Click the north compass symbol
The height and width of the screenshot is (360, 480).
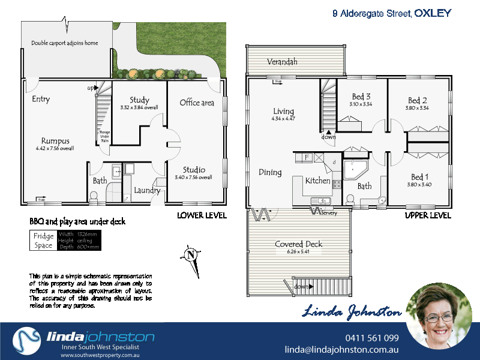point(190,255)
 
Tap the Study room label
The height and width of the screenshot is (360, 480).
point(139,100)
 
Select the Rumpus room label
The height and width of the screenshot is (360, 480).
point(55,141)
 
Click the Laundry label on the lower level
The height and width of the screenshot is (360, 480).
point(147,191)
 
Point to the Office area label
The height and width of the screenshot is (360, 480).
point(197,103)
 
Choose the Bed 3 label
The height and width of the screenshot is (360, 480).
point(361,97)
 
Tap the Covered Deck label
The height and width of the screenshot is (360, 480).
point(299,244)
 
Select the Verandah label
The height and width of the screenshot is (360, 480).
point(282,62)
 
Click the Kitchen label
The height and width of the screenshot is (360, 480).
point(317,181)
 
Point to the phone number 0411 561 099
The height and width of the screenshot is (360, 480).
point(372,338)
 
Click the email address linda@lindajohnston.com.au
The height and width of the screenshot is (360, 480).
point(341,350)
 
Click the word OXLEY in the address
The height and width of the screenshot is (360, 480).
point(433,13)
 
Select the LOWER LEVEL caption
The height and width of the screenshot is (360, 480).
point(202,215)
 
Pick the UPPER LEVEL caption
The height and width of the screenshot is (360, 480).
point(428,215)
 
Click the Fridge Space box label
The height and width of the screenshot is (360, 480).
point(43,241)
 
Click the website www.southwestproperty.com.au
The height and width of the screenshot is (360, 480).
point(101,355)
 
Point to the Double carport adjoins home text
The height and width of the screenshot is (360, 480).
point(64,43)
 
